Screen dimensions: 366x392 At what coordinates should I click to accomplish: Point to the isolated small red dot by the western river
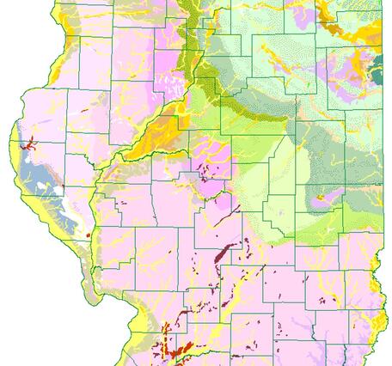(x=89, y=234)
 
